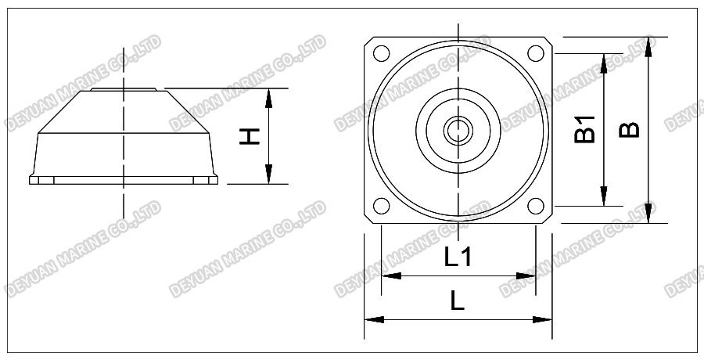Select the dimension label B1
click(x=584, y=129)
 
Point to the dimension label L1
click(x=458, y=257)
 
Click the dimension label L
click(x=458, y=301)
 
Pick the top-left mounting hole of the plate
click(x=381, y=54)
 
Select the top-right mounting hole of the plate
click(x=536, y=54)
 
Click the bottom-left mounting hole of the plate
click(x=381, y=206)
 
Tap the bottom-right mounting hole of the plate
click(x=536, y=206)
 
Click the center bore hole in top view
click(x=458, y=130)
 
